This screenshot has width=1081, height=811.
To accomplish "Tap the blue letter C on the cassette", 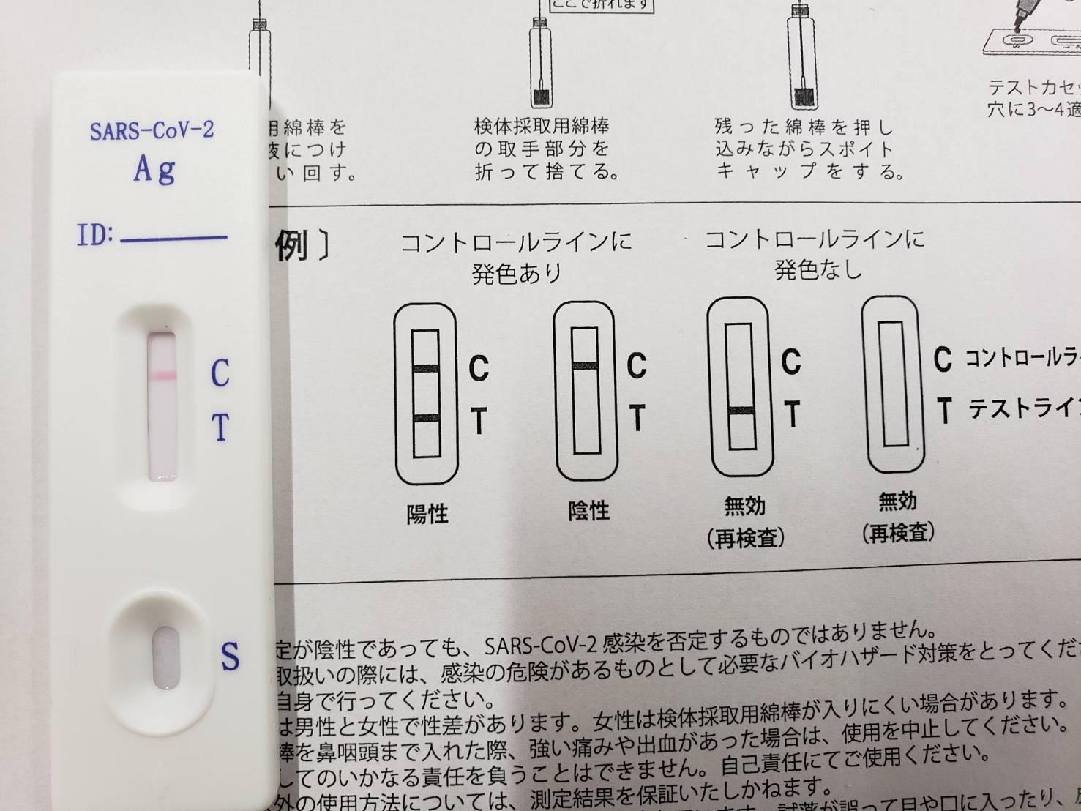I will (x=220, y=373).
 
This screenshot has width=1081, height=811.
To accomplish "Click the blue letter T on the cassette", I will (x=220, y=427).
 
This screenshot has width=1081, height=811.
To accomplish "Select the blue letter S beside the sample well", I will (x=231, y=656).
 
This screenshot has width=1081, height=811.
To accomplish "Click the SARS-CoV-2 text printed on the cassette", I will (x=152, y=131).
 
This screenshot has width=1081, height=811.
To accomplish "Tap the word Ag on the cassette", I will (x=154, y=171).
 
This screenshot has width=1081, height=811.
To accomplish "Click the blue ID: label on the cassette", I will (x=95, y=236).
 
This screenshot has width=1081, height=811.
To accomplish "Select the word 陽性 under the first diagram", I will (x=427, y=514).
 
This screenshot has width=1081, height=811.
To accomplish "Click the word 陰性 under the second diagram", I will (x=588, y=510).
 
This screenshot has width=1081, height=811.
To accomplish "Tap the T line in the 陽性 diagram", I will (x=426, y=419).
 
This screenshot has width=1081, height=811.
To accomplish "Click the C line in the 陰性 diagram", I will (x=586, y=365).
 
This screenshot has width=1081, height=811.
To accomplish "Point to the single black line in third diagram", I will (x=741, y=411).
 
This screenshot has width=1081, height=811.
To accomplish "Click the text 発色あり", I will (x=517, y=274).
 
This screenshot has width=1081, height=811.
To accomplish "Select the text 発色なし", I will (x=818, y=270).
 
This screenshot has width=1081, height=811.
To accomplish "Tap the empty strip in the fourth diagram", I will (x=893, y=384).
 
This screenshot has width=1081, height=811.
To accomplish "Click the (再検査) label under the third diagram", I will (x=746, y=539).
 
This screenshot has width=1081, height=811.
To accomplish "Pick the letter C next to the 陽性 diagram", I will (x=478, y=368).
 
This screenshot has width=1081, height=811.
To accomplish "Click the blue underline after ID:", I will (x=174, y=238).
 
